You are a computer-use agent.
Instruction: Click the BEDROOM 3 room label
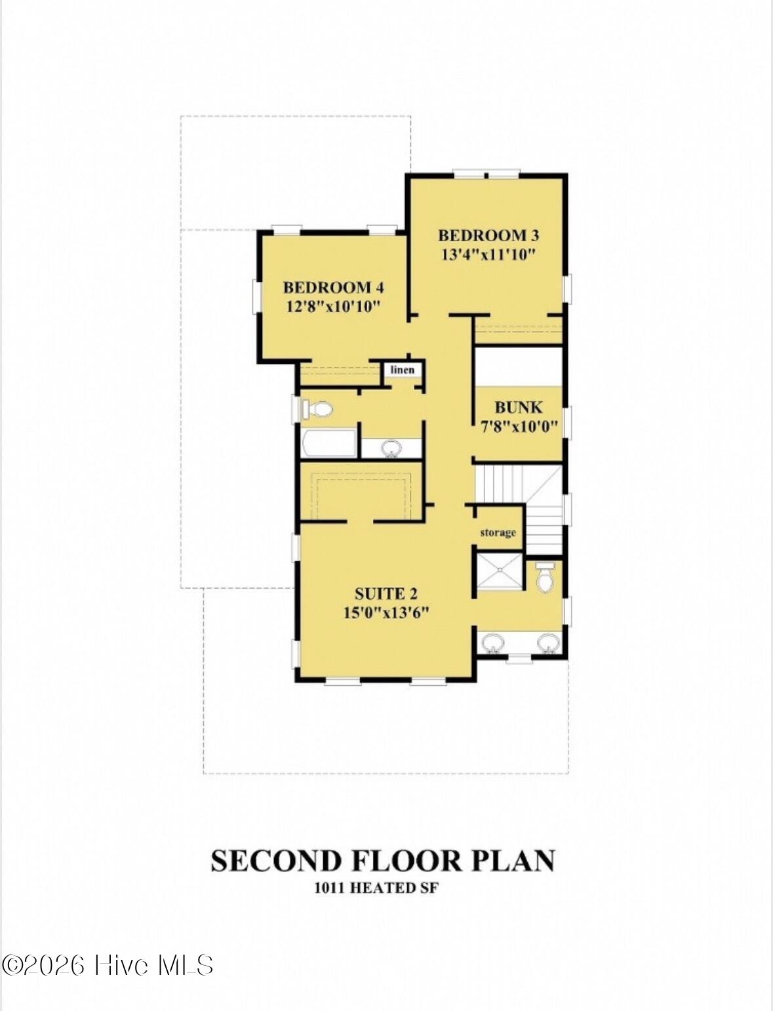[x=488, y=235]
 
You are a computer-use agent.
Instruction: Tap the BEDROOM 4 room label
[x=333, y=287]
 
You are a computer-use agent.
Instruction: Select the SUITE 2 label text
[x=386, y=594]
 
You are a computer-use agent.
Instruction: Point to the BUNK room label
[x=518, y=407]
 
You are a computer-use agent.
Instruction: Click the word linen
[x=403, y=370]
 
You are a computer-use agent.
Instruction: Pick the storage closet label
[x=498, y=532]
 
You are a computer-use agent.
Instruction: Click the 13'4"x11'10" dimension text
[x=488, y=254]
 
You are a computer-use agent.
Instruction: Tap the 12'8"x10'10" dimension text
[x=333, y=306]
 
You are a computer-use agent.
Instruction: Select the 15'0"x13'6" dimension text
[x=386, y=613]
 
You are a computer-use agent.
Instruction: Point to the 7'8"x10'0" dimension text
[x=519, y=426]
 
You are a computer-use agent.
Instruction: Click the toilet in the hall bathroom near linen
[x=317, y=410]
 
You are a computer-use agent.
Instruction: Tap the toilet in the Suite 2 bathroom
[x=545, y=578]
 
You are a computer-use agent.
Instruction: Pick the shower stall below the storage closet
[x=499, y=572]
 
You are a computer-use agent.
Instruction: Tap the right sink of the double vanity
[x=547, y=643]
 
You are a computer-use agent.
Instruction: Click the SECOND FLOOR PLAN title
[x=383, y=861]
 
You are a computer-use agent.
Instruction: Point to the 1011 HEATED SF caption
[x=376, y=888]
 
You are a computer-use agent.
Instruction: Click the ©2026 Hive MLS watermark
[x=108, y=965]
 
